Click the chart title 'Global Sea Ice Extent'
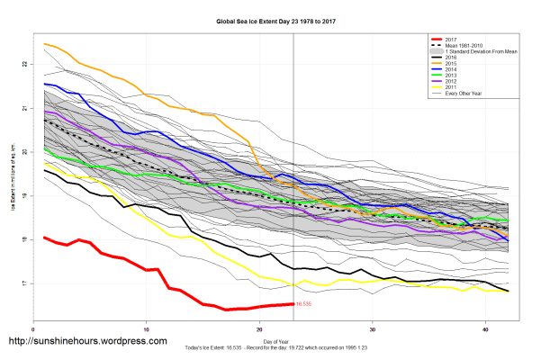coord(270,20)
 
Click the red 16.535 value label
coord(303,305)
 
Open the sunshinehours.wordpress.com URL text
coord(88,342)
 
